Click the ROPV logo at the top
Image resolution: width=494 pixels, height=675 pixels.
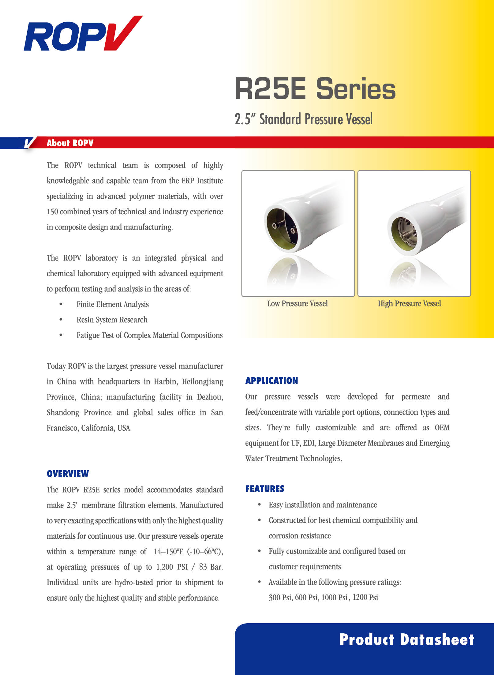click(x=83, y=34)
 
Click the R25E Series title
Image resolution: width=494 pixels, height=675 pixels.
click(x=315, y=89)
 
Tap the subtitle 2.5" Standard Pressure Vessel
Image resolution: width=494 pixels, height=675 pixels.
click(x=304, y=119)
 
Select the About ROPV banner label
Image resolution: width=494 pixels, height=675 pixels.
click(x=70, y=143)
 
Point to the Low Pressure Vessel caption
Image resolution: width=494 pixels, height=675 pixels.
click(x=297, y=303)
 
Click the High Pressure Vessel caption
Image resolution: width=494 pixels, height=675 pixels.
click(x=409, y=303)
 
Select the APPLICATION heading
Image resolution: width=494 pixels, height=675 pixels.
click(x=271, y=381)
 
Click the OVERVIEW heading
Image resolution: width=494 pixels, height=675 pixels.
click(x=68, y=474)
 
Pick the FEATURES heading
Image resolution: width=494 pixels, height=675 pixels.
click(x=265, y=489)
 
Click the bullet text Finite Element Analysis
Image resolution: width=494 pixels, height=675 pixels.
click(x=112, y=304)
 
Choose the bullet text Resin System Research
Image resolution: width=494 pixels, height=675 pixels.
click(x=112, y=320)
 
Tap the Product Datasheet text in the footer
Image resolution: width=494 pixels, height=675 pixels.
click(x=406, y=639)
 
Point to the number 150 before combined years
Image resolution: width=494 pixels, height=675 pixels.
click(x=52, y=212)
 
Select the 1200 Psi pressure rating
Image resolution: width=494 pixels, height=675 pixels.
click(x=365, y=597)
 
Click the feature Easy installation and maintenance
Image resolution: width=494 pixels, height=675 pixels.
click(x=323, y=505)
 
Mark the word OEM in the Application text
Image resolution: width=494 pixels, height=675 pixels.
click(x=442, y=427)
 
